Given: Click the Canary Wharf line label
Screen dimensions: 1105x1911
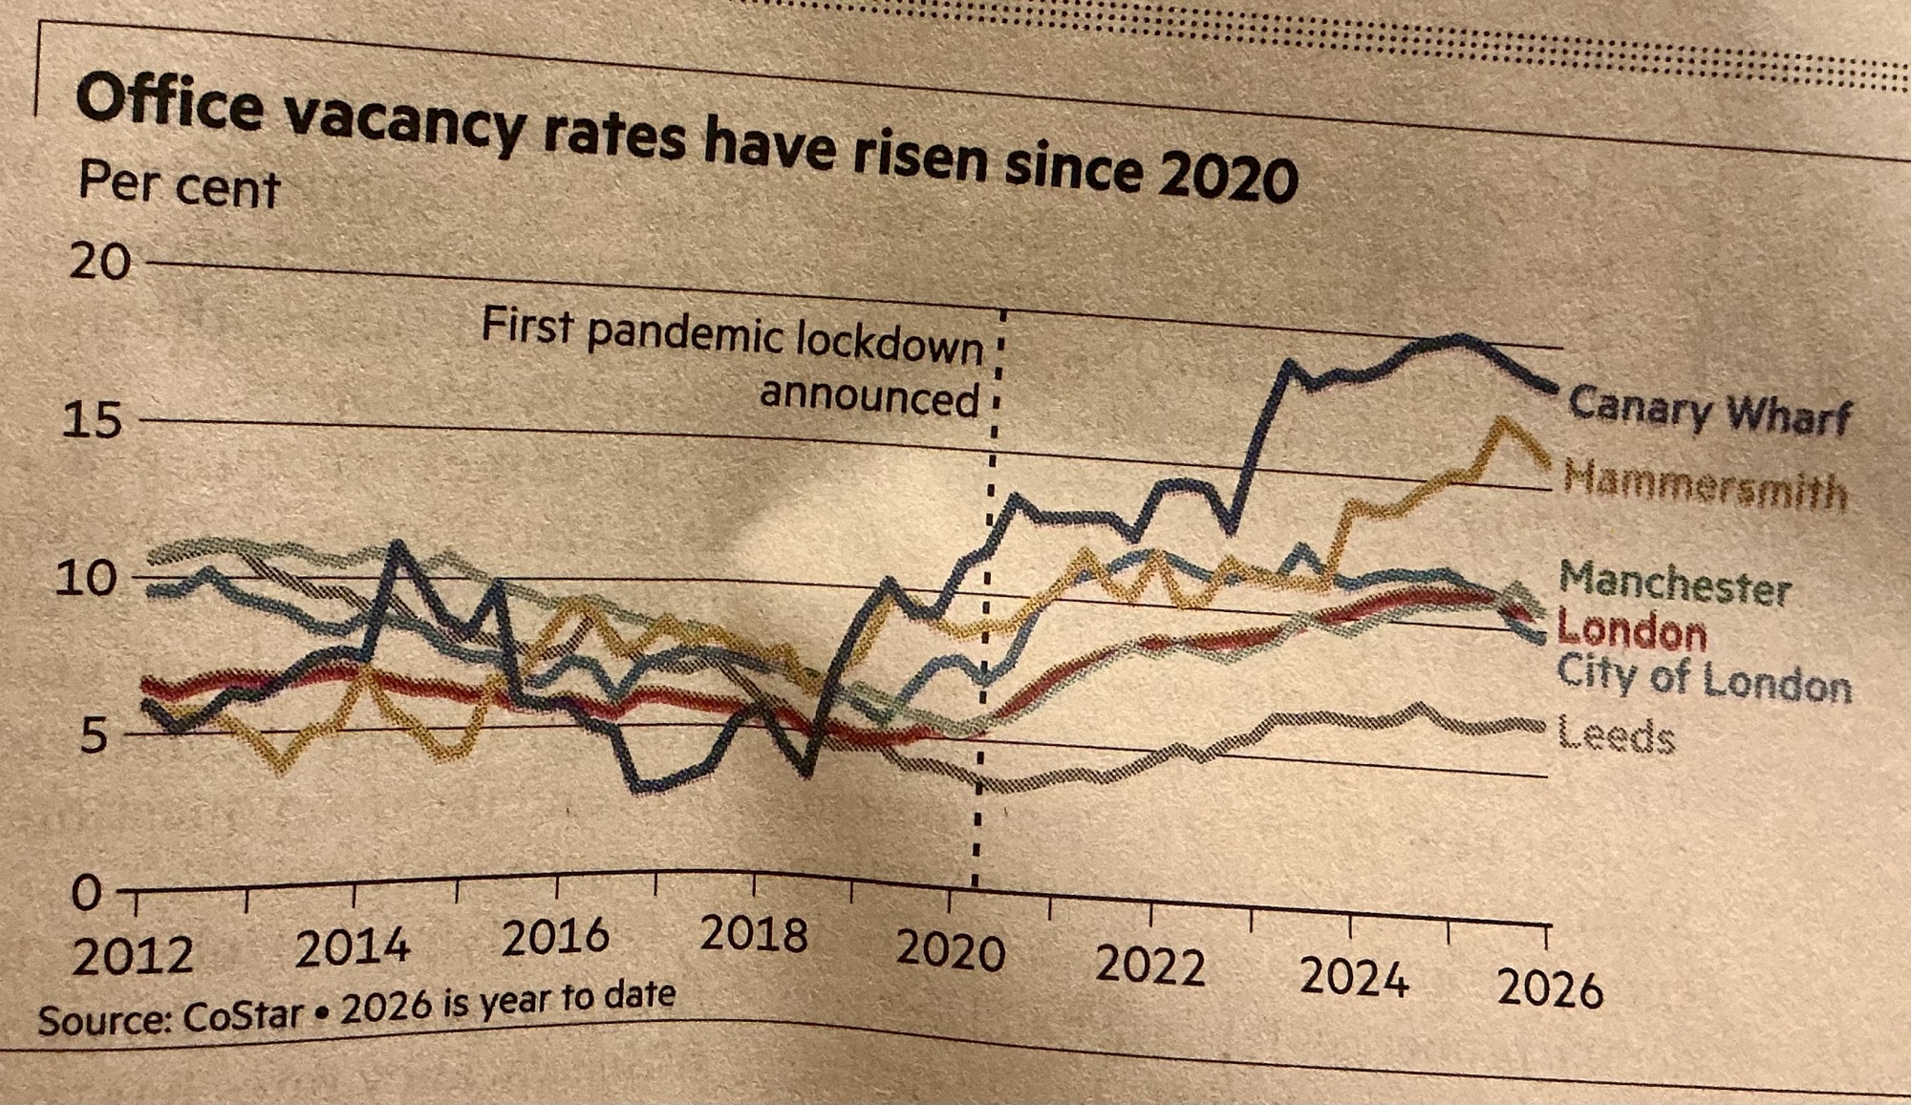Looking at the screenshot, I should tap(1708, 412).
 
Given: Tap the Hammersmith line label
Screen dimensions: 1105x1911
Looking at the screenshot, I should tap(1705, 483).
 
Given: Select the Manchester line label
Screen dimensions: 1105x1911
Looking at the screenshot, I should tap(1674, 583).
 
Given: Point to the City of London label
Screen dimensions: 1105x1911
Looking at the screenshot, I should tap(1704, 679).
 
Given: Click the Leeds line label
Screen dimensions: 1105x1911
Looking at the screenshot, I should tap(1616, 735).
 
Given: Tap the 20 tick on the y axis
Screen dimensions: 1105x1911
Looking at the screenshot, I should tap(99, 261).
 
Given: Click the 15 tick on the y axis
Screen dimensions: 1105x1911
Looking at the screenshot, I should tap(93, 419).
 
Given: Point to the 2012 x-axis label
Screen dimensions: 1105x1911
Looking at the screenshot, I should tap(133, 955).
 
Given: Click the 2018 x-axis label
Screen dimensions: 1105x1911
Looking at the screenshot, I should tap(754, 933).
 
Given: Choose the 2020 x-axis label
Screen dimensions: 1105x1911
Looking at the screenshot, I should tap(950, 951).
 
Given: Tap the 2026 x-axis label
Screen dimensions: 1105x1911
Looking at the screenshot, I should tap(1549, 988).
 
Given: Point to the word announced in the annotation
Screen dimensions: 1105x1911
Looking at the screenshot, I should tap(870, 395).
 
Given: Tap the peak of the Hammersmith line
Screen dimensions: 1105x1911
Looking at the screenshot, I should tap(1504, 421).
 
